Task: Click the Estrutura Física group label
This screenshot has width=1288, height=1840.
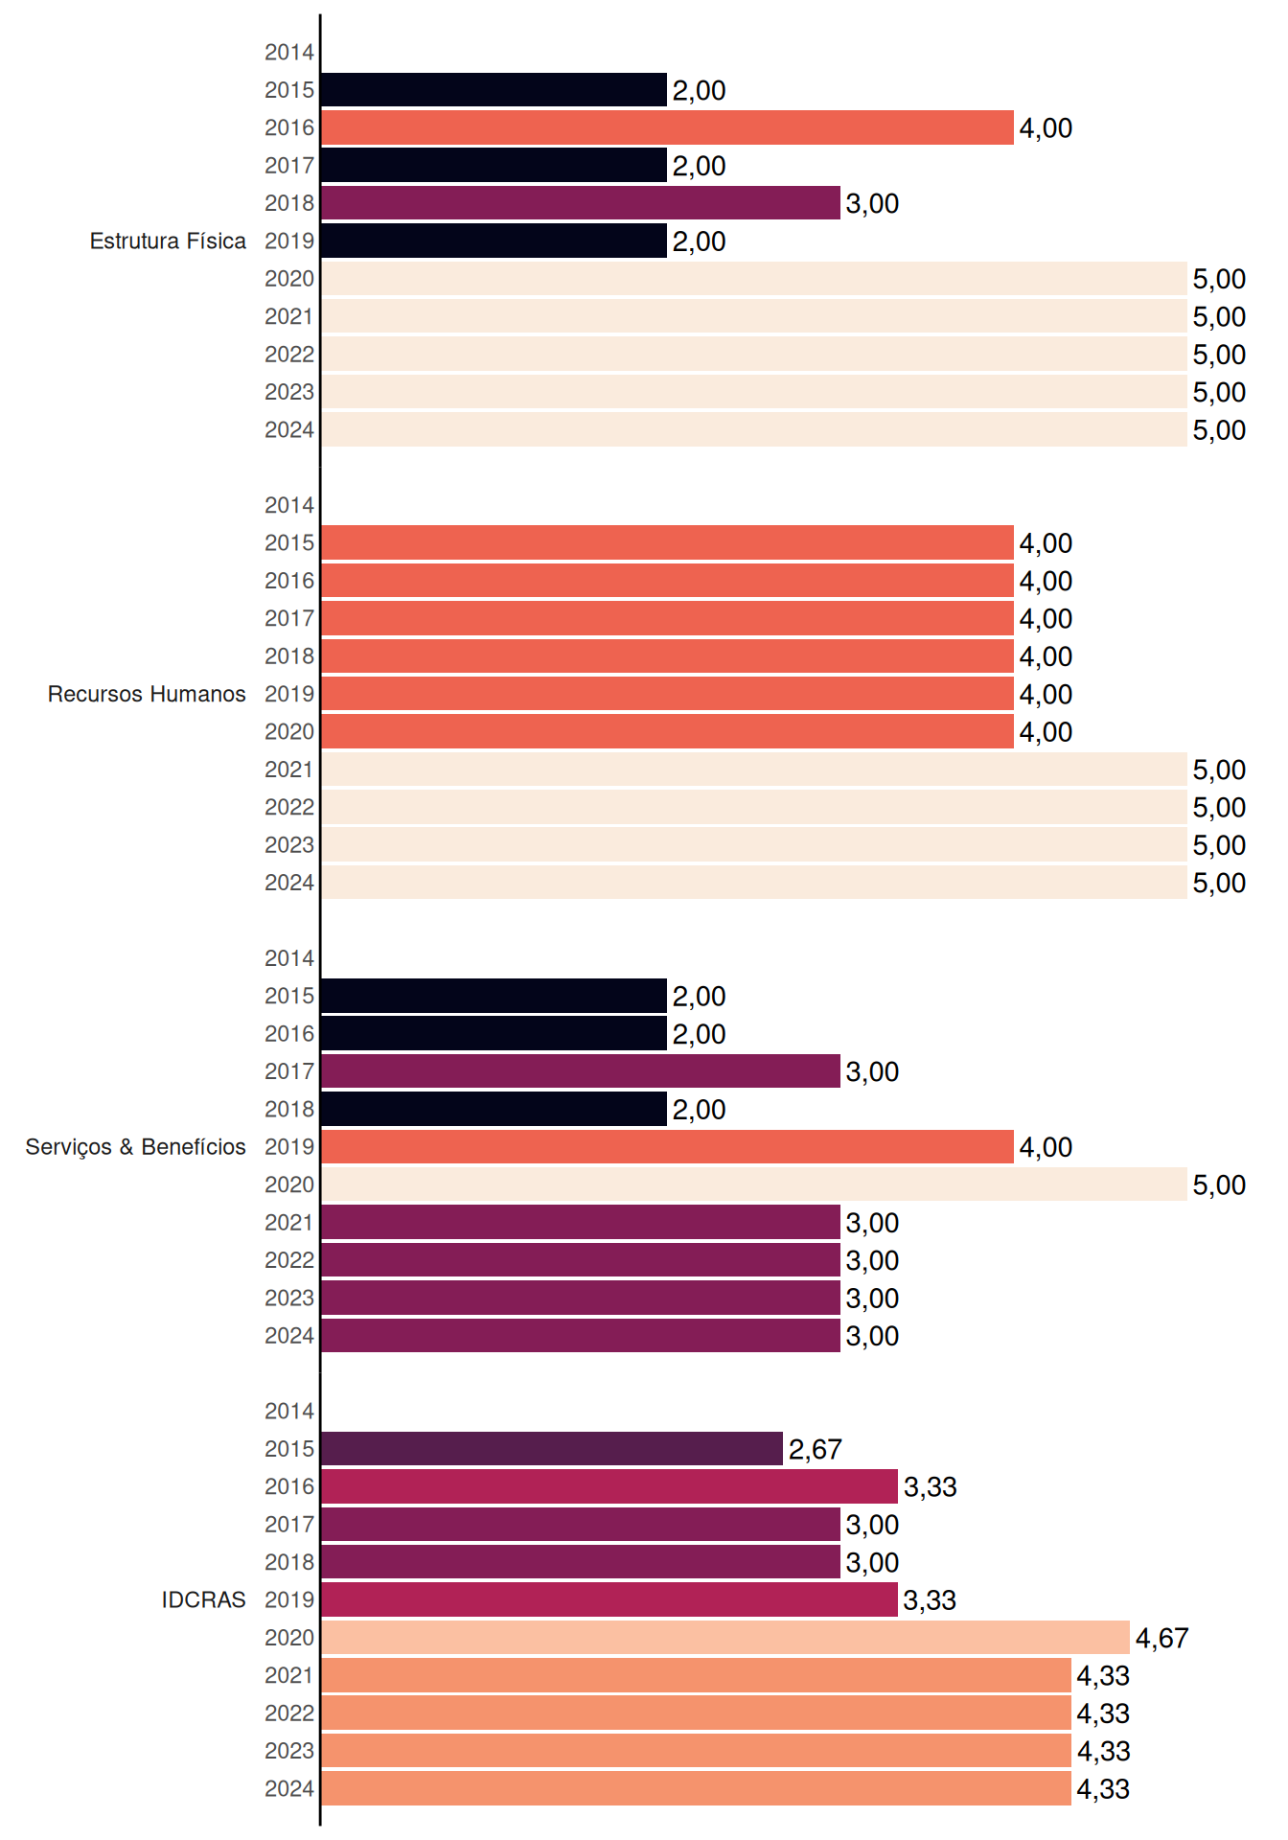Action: pos(168,241)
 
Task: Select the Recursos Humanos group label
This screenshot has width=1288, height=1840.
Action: pos(147,694)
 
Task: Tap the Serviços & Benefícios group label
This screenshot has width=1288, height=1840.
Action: pos(135,1147)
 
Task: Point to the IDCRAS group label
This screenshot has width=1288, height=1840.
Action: pos(203,1599)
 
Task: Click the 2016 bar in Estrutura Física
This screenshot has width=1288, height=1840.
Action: pos(667,127)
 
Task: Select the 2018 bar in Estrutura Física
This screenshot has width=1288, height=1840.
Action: pos(581,203)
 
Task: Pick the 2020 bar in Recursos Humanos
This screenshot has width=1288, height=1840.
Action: pos(667,731)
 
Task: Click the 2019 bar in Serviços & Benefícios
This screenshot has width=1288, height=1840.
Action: pos(667,1147)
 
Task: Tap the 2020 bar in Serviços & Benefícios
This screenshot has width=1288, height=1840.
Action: pos(754,1184)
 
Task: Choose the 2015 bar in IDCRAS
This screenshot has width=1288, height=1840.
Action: pos(552,1449)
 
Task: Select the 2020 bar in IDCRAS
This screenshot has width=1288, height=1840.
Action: pos(725,1638)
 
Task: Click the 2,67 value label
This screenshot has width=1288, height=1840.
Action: pos(816,1449)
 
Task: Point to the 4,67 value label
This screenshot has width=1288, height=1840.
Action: pos(1162,1638)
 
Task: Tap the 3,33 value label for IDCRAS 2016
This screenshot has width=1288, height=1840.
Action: pos(931,1486)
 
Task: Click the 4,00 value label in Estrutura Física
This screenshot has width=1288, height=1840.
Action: pos(1046,127)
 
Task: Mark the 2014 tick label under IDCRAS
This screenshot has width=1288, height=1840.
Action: pos(289,1411)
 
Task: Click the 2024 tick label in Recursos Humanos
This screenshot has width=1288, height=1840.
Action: pos(289,883)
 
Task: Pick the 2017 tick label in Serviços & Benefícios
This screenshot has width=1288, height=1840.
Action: pos(289,1071)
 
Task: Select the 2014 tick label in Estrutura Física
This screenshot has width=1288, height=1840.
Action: pos(289,53)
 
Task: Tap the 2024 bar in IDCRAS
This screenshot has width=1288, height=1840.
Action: pos(696,1788)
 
